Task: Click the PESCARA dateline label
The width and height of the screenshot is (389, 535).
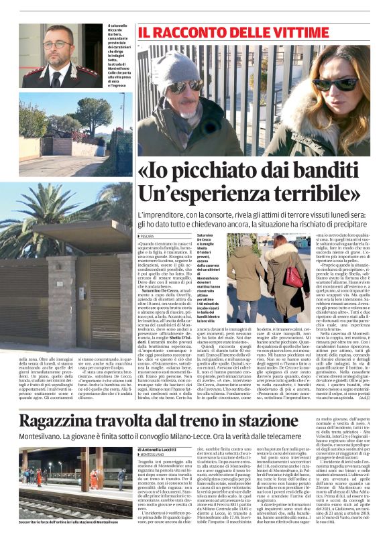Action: pyautogui.click(x=146, y=236)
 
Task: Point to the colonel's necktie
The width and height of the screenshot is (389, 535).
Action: pyautogui.click(x=58, y=76)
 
